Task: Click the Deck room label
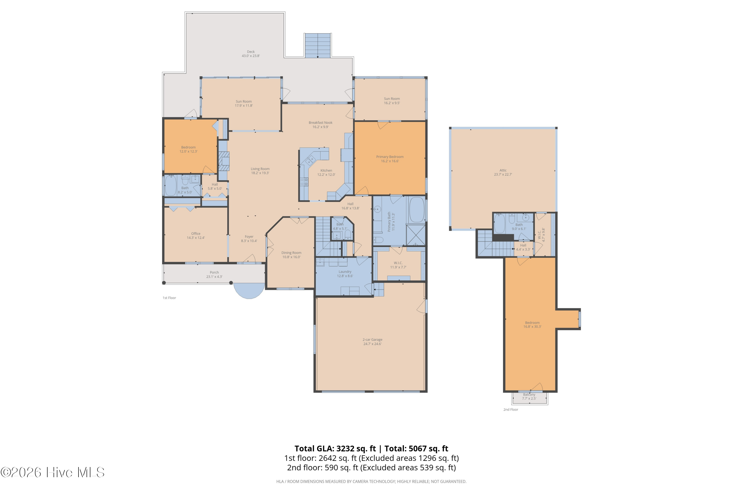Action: click(251, 52)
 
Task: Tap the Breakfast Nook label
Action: click(320, 123)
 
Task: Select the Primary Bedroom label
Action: click(390, 157)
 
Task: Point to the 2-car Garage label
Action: click(372, 340)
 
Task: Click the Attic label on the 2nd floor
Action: click(503, 171)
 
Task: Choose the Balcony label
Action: click(529, 395)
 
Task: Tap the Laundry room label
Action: click(345, 272)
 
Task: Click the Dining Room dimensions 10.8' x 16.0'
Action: click(291, 257)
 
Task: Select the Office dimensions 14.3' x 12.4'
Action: click(196, 238)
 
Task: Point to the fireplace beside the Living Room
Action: click(224, 161)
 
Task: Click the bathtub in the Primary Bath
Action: click(417, 210)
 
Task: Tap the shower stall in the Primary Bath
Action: click(416, 235)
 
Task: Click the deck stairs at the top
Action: click(318, 46)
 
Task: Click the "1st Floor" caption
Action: click(169, 298)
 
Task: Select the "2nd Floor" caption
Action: click(511, 409)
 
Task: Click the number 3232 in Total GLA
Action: click(346, 448)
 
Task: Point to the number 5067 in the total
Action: click(419, 448)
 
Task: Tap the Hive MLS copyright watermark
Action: click(53, 472)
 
